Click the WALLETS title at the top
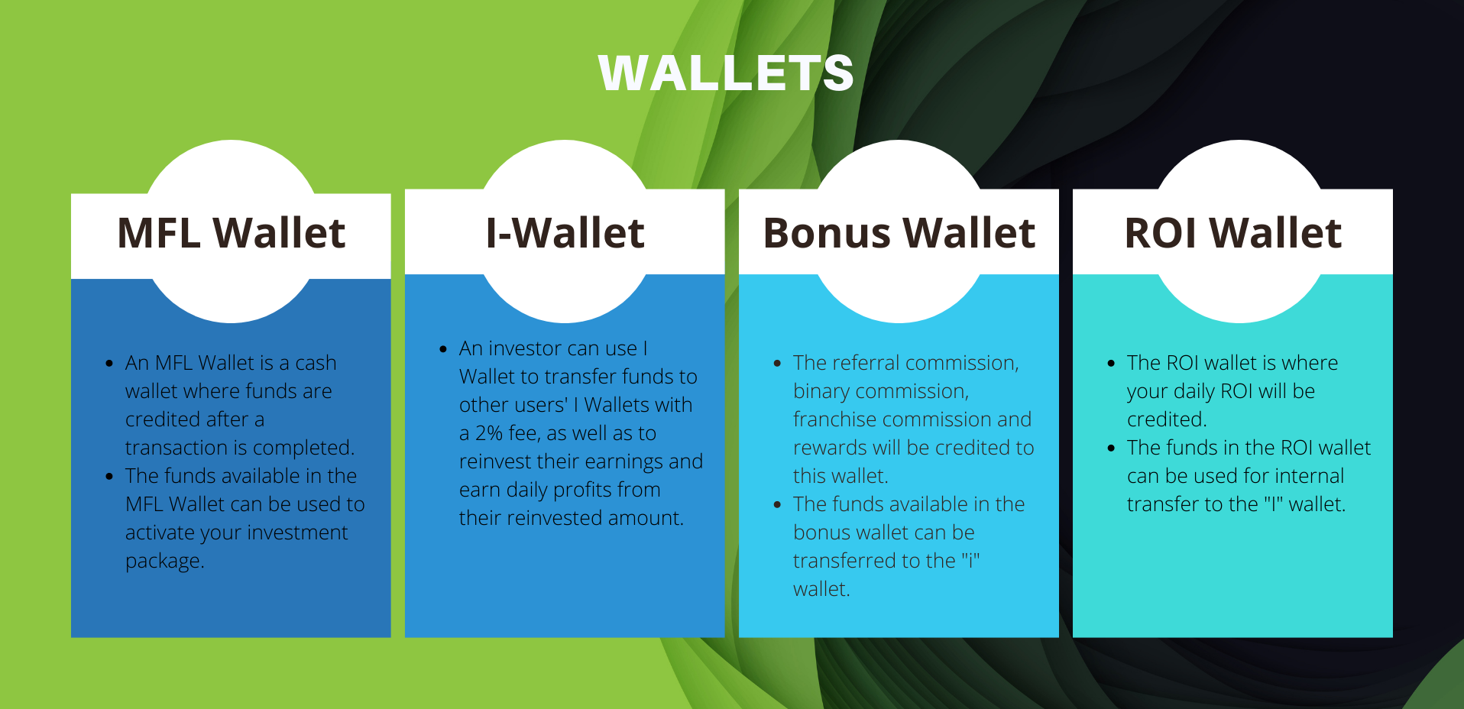[x=726, y=73]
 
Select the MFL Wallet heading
[x=231, y=232]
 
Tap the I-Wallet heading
[x=565, y=232]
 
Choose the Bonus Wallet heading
[x=899, y=232]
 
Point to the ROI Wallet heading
[x=1232, y=232]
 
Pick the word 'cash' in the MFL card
[x=316, y=363]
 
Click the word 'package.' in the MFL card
[x=165, y=562]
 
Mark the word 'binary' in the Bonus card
[x=821, y=392]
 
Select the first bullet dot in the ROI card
[x=1111, y=364]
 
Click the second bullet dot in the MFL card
[x=109, y=477]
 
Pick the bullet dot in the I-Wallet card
[x=443, y=349]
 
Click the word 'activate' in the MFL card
[x=161, y=533]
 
